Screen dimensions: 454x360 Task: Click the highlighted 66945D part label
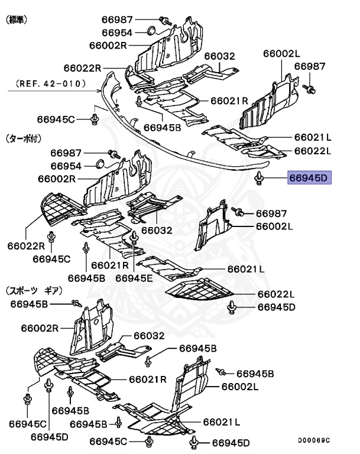(x=310, y=177)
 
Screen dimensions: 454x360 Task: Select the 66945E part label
(x=134, y=277)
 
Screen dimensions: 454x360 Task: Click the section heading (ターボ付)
(x=23, y=139)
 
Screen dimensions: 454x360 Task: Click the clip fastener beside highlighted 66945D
(x=259, y=177)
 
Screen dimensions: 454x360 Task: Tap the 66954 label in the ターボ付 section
(x=66, y=166)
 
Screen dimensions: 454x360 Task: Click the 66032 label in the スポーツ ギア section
(x=149, y=336)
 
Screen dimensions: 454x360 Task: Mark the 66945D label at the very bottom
(x=231, y=442)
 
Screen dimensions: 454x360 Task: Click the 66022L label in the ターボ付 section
(x=275, y=294)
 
